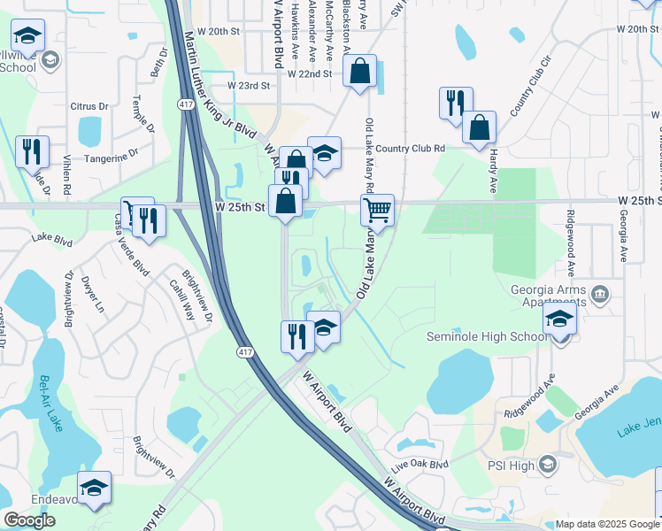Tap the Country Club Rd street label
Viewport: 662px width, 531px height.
(409, 149)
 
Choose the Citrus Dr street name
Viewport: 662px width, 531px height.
(90, 106)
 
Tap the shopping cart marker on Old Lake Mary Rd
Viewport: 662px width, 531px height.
(377, 211)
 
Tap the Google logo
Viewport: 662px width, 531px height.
(29, 520)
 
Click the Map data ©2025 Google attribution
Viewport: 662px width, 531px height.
(607, 524)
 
